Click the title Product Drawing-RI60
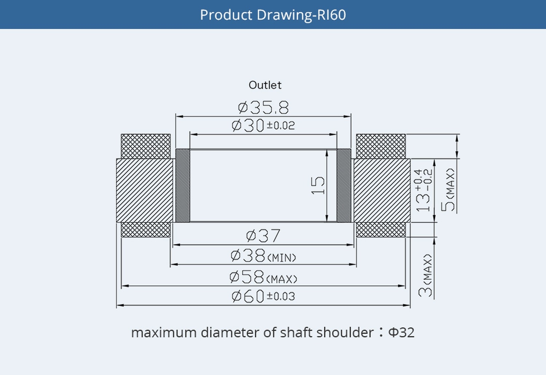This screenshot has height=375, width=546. click(x=273, y=15)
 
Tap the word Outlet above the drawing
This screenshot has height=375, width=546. click(x=265, y=85)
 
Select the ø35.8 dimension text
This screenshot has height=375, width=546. click(x=263, y=108)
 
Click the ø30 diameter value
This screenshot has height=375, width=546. click(x=248, y=126)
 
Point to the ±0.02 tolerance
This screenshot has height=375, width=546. click(x=281, y=126)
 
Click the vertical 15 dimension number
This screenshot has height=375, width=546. click(x=318, y=185)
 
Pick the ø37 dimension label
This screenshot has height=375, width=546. click(x=263, y=236)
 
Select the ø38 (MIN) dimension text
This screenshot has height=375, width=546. click(x=263, y=256)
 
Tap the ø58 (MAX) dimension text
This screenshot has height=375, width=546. click(x=263, y=278)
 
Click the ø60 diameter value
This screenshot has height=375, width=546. click(x=248, y=296)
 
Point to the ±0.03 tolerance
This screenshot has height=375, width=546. click(x=281, y=296)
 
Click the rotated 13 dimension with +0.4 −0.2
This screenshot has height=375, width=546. click(x=423, y=190)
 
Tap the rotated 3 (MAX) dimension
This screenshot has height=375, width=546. click(x=426, y=276)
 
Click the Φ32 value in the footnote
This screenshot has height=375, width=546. click(x=401, y=333)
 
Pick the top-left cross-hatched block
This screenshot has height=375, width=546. click(x=146, y=146)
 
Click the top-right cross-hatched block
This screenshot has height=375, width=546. click(x=381, y=146)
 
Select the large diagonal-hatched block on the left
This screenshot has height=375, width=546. click(x=145, y=190)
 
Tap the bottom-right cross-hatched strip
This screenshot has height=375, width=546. click(x=381, y=230)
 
